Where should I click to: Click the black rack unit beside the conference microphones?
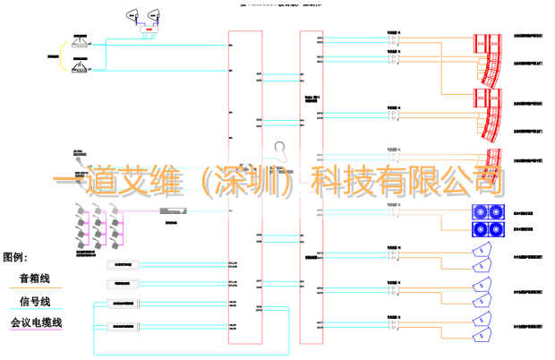coord(170,211)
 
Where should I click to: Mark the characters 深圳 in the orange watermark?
coord(242,181)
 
